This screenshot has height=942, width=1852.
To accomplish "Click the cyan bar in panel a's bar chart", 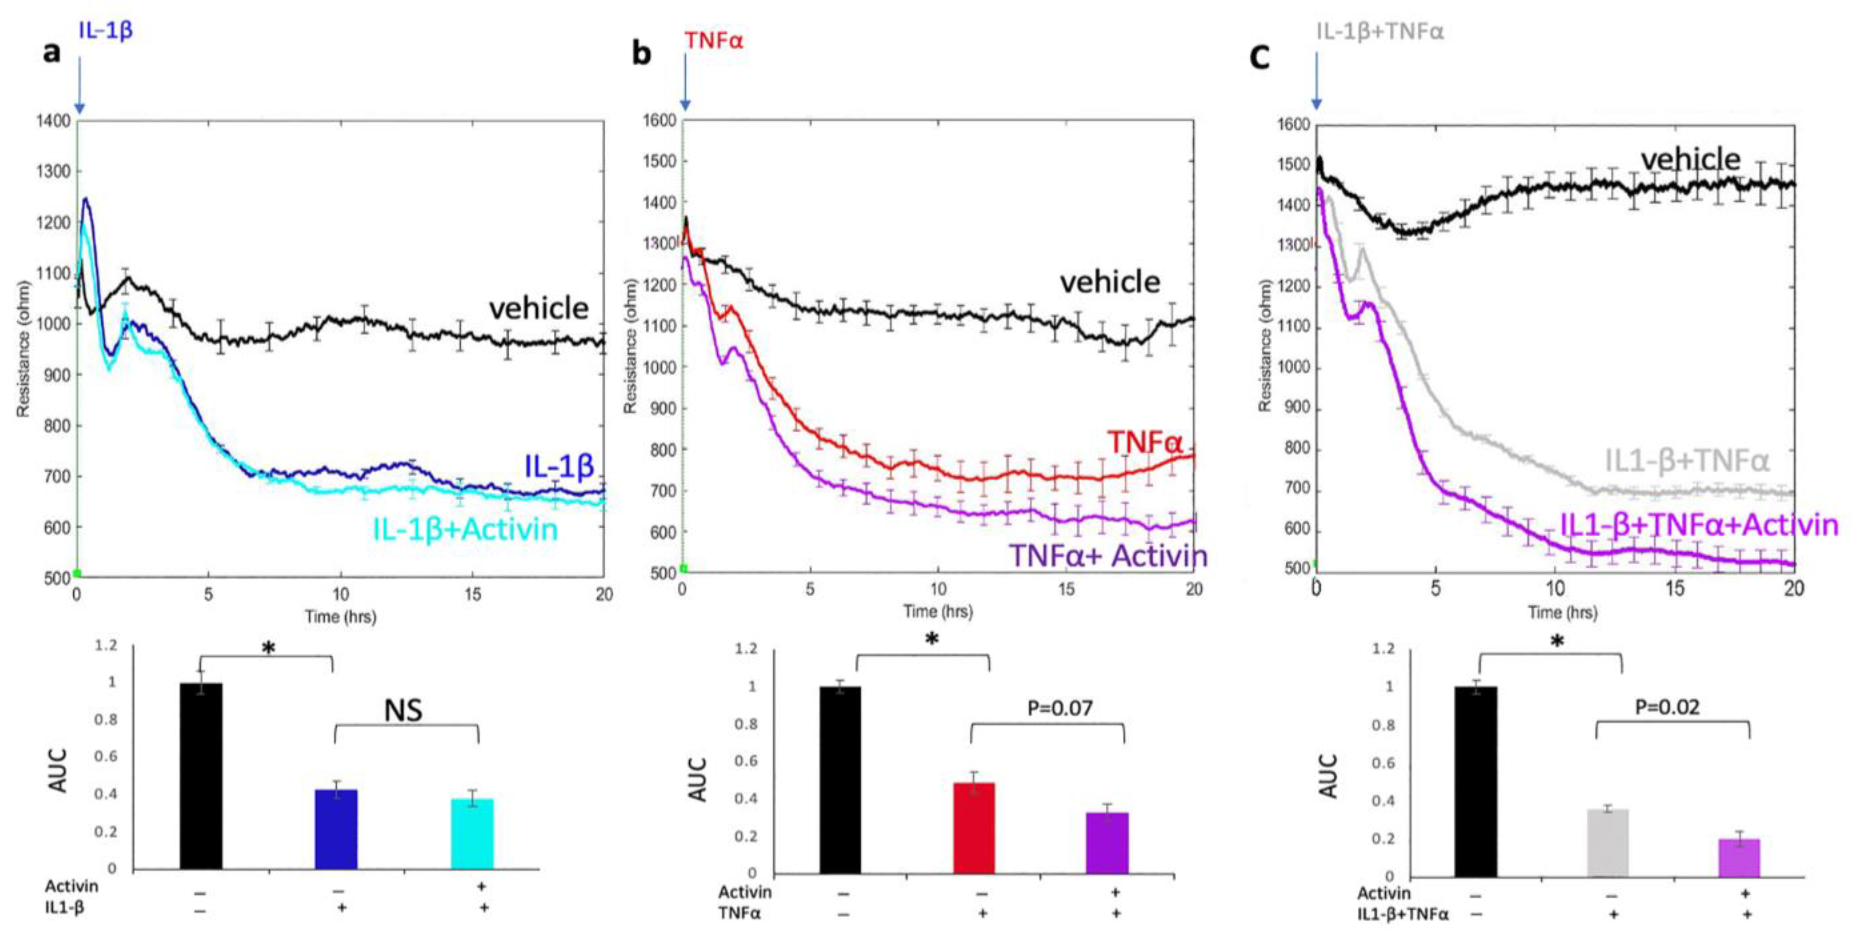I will (x=472, y=834).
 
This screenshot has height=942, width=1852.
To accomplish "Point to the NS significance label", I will (x=403, y=710).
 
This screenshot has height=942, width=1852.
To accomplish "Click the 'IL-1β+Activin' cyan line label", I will (x=465, y=529).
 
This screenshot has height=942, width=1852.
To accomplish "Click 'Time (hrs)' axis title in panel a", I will (x=340, y=616).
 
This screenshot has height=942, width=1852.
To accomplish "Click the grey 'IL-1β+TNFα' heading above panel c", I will (x=1379, y=32).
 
